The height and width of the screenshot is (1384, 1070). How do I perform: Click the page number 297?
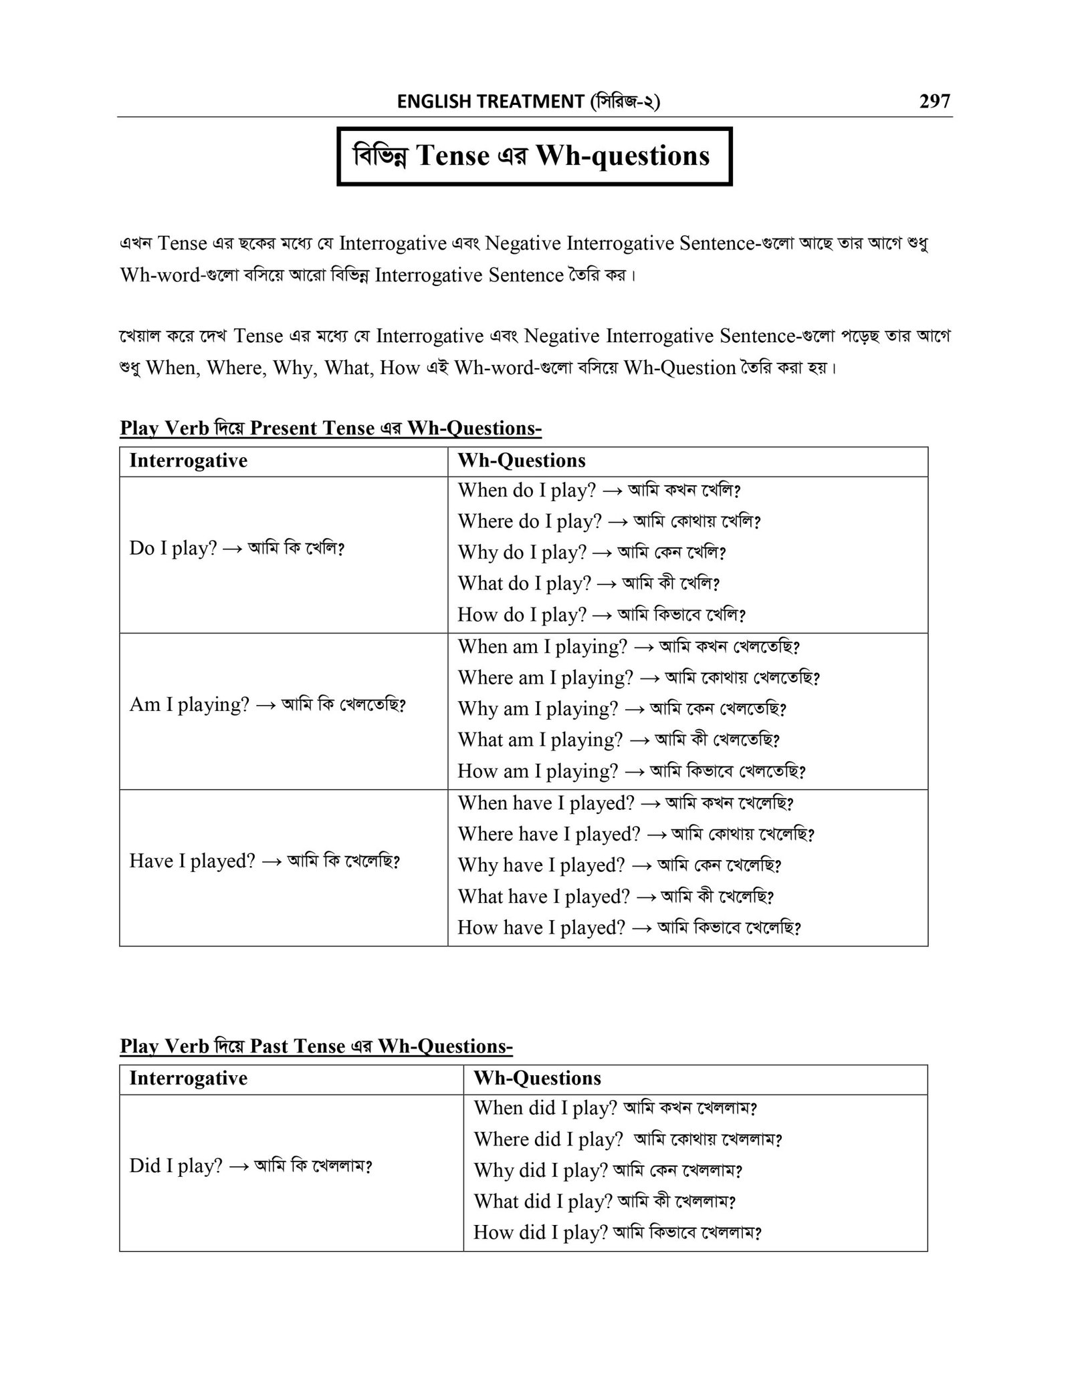(x=934, y=101)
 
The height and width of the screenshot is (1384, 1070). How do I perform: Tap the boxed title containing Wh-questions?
(x=534, y=156)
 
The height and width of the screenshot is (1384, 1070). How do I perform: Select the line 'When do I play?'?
(x=599, y=490)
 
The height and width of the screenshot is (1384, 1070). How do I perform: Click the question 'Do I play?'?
(x=236, y=549)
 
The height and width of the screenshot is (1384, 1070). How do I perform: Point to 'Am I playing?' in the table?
(x=267, y=704)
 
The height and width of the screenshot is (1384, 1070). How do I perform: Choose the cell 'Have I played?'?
(x=264, y=861)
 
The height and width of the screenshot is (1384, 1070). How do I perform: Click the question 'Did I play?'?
(x=250, y=1166)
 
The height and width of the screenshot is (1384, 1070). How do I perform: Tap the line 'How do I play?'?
(x=601, y=614)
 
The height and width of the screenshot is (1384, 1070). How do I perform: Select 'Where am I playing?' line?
(x=638, y=678)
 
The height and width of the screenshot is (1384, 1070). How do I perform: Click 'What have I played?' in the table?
(x=615, y=896)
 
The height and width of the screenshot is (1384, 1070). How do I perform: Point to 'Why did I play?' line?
(x=608, y=1170)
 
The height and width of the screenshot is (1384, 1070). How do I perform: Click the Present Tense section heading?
(x=330, y=428)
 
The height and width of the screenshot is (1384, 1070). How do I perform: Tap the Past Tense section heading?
(x=316, y=1046)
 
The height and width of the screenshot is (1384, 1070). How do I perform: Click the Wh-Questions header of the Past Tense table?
(x=537, y=1078)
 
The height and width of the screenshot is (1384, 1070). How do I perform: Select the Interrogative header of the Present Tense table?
(x=188, y=460)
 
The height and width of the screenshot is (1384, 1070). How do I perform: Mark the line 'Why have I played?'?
(x=619, y=865)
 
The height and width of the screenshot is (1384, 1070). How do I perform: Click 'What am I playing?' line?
(x=619, y=740)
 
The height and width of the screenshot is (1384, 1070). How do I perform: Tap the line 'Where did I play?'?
(x=627, y=1139)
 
